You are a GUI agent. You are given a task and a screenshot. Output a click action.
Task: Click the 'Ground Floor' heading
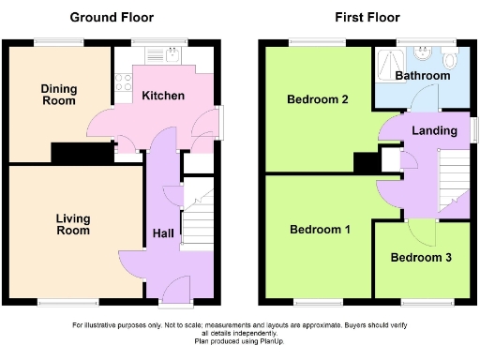[x=113, y=17]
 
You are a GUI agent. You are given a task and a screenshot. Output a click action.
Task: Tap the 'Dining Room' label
[x=58, y=95]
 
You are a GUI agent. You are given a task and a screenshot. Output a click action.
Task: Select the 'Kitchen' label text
[x=163, y=96]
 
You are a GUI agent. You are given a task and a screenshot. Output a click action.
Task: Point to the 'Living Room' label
[x=72, y=224]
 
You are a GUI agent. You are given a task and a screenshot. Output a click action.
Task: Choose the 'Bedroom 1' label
[x=320, y=230]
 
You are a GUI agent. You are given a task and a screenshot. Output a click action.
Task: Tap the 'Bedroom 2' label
[x=318, y=100]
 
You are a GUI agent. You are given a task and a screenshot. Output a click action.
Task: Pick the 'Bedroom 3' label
[x=421, y=258]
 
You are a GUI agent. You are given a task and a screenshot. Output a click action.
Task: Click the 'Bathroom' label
[x=422, y=75]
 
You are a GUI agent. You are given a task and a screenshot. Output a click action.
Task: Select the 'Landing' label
[x=435, y=130]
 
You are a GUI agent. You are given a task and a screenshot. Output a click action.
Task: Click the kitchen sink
[x=172, y=55]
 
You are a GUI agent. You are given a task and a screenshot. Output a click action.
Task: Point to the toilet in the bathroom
[x=451, y=57]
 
